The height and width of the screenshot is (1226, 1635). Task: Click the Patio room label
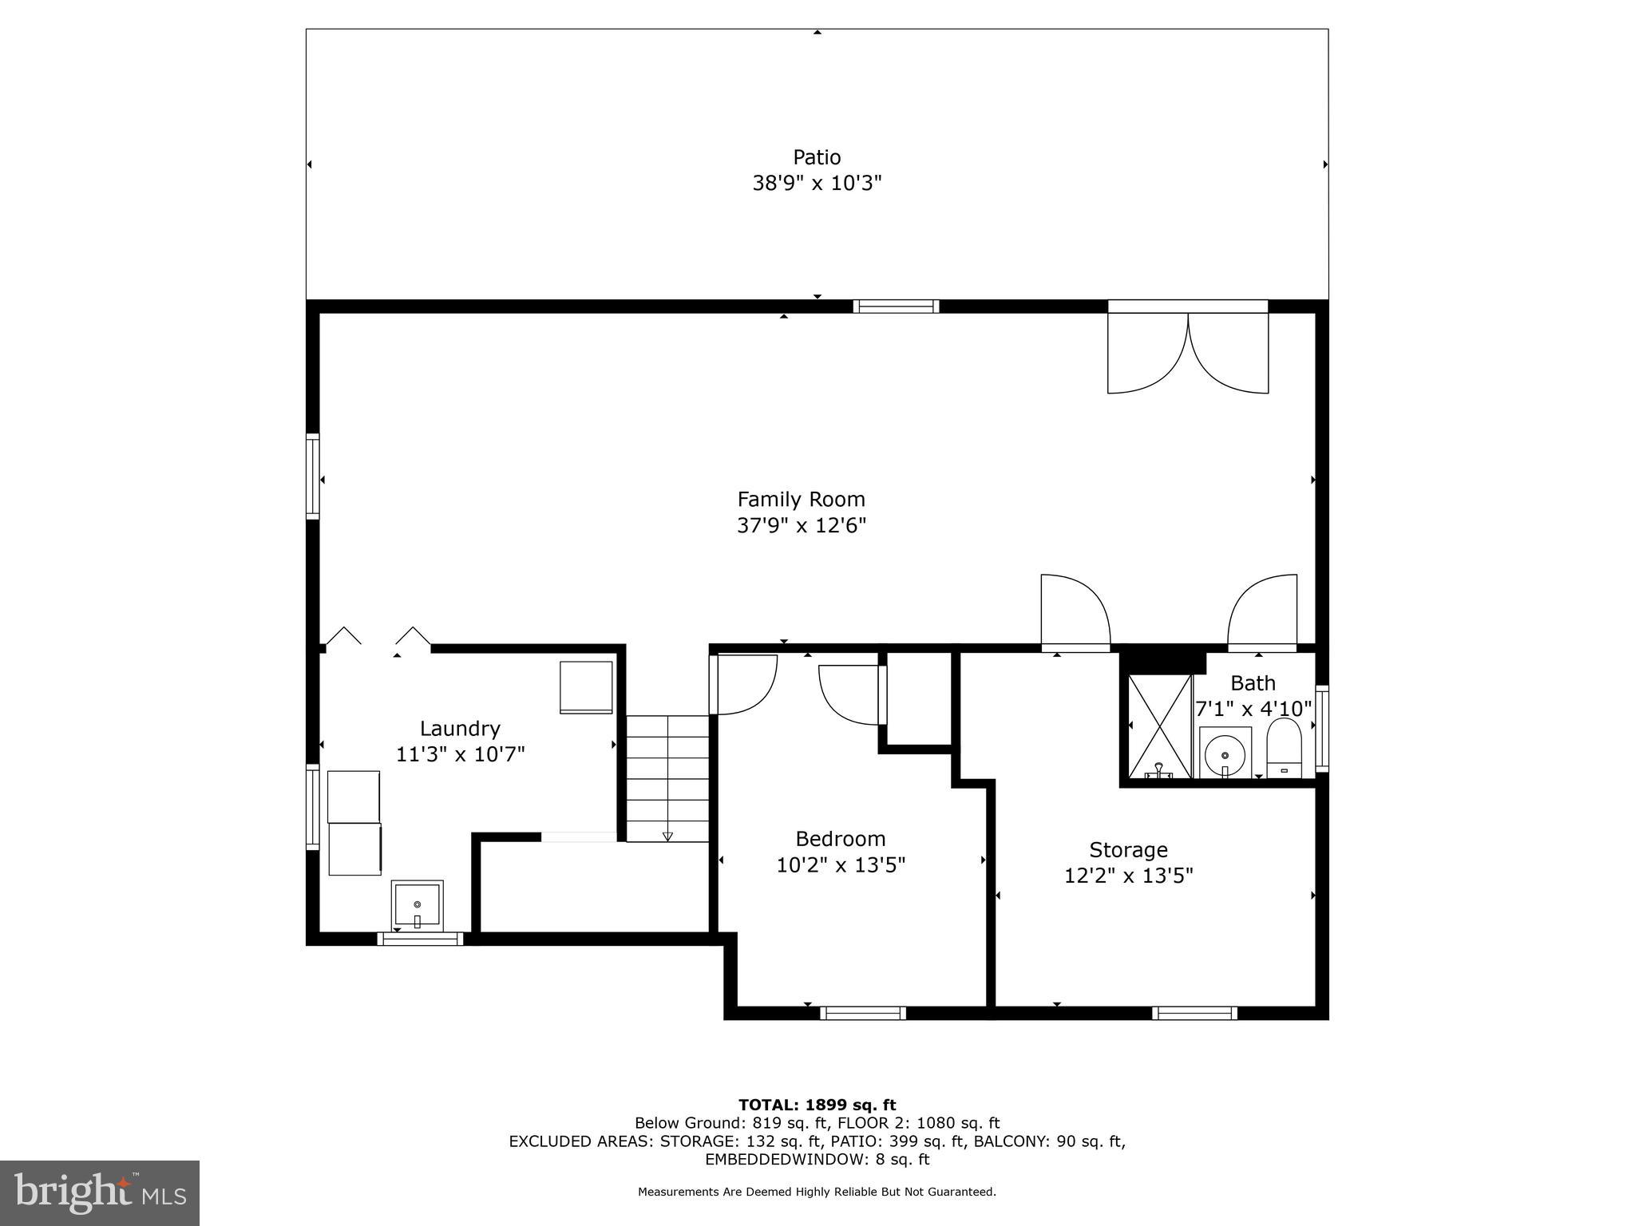(x=817, y=157)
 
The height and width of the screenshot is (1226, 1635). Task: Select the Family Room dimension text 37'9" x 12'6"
(x=801, y=526)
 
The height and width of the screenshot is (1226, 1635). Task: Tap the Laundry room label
(x=460, y=729)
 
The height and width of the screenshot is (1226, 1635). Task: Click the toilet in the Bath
(x=1284, y=748)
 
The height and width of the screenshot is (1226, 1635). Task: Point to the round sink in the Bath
(x=1224, y=753)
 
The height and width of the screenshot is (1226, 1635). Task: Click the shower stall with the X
(x=1159, y=726)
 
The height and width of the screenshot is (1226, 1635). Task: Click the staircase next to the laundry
(x=667, y=777)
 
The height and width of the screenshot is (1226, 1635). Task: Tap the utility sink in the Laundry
(x=417, y=904)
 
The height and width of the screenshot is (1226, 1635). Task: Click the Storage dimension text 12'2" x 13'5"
(x=1128, y=876)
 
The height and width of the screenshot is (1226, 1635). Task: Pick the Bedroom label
(x=841, y=839)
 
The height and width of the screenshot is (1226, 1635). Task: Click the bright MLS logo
(x=100, y=1192)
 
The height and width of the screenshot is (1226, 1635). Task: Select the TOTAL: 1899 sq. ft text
(x=817, y=1105)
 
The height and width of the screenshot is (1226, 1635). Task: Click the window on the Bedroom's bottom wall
(x=863, y=1013)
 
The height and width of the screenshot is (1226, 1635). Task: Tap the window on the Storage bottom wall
(x=1194, y=1013)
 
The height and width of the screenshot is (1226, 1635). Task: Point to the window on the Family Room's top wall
(x=896, y=306)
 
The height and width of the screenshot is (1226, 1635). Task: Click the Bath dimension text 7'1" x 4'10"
(x=1253, y=709)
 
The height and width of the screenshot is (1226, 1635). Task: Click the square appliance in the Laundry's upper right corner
(x=586, y=686)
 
